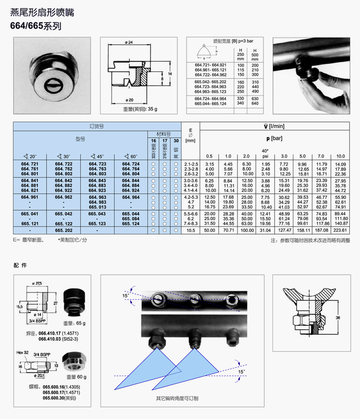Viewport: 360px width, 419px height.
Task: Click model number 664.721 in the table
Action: point(30,164)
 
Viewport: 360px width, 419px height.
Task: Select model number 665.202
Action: point(64,230)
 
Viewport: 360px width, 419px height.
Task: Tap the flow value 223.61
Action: point(340,230)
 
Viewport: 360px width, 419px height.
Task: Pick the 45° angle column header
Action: point(97,156)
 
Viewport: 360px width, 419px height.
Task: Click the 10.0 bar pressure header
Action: point(340,156)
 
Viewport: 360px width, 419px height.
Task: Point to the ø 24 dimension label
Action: point(129,43)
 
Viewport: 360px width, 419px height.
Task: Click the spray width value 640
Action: point(255,103)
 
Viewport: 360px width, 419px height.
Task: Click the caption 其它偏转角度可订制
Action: point(177,398)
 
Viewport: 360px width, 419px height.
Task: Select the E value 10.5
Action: point(191,230)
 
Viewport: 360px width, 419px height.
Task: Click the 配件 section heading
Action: point(20,266)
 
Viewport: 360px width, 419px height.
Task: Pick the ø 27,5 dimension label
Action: point(37,284)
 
